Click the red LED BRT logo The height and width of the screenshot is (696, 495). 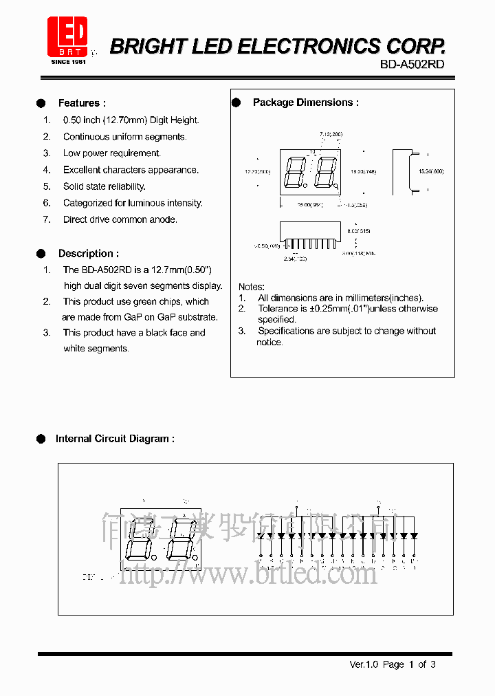click(67, 36)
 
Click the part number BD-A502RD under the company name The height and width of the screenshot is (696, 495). click(412, 64)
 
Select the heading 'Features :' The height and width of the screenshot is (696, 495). click(82, 103)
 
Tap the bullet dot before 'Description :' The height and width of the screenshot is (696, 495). click(41, 254)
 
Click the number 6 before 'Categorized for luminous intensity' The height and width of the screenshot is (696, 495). click(47, 204)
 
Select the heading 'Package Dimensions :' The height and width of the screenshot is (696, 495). click(305, 102)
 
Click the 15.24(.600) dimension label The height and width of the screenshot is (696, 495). click(431, 171)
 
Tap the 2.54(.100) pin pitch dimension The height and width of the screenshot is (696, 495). click(295, 259)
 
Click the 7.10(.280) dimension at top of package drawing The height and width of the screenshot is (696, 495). click(331, 134)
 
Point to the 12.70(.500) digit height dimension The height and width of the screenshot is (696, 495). click(258, 171)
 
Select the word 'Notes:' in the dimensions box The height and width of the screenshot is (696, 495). click(251, 287)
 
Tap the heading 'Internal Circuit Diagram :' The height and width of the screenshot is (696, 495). click(114, 439)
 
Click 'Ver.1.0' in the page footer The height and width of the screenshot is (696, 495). click(364, 664)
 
